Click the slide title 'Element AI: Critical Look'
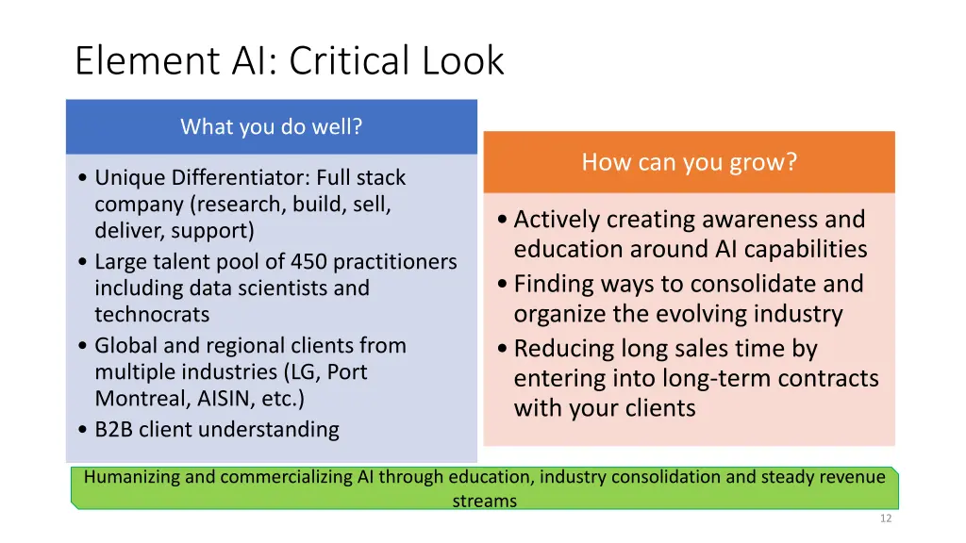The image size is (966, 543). click(x=290, y=61)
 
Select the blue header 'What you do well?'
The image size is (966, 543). click(x=271, y=126)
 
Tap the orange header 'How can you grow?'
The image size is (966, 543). click(x=689, y=162)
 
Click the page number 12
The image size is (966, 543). click(x=884, y=518)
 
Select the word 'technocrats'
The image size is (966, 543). click(x=152, y=314)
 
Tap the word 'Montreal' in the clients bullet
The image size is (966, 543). click(x=134, y=398)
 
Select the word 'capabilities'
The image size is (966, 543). click(x=804, y=250)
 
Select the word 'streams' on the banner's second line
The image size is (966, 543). click(x=484, y=501)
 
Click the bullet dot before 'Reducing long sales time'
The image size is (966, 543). click(x=502, y=350)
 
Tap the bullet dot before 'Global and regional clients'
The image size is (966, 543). click(x=85, y=346)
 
